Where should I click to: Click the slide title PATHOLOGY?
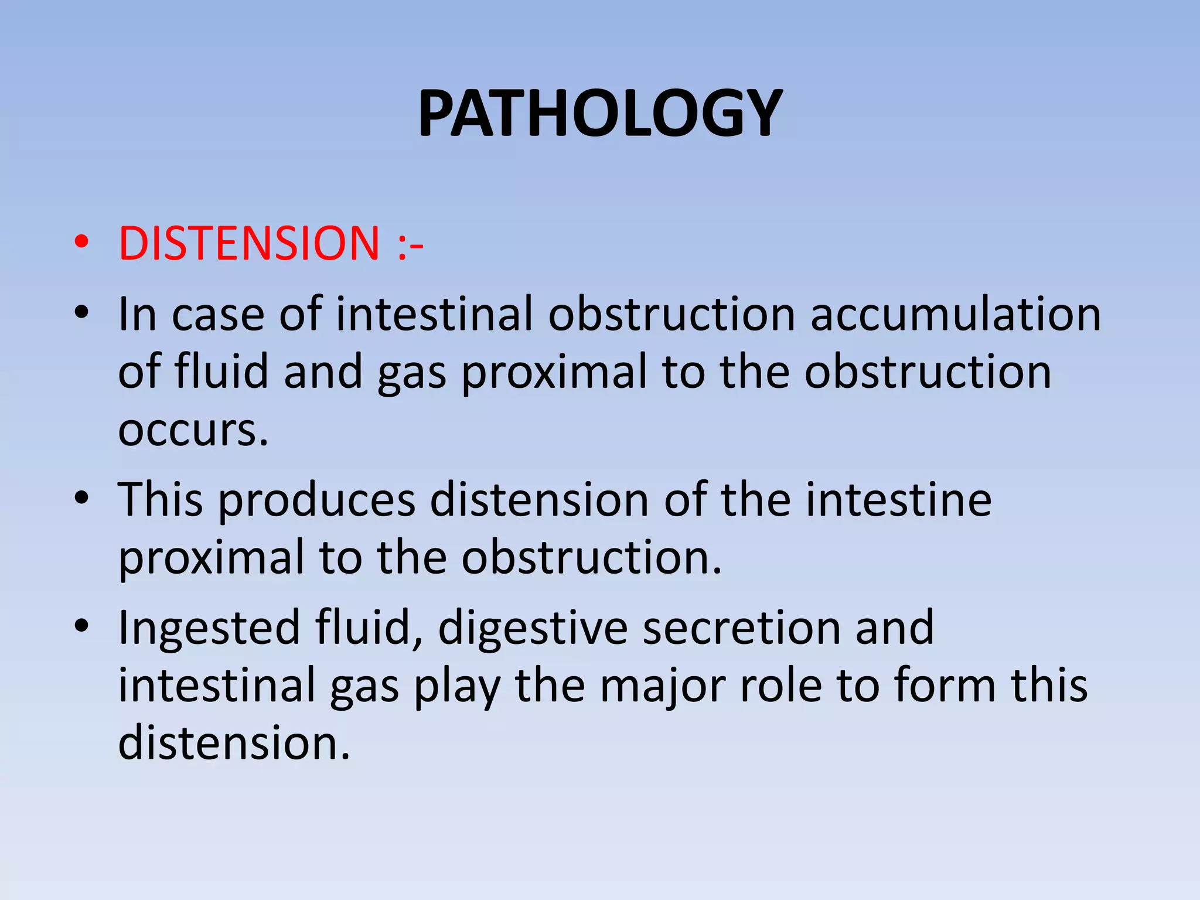coord(600,113)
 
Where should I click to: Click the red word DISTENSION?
coord(249,243)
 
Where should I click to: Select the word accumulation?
coord(956,315)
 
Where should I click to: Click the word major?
coord(663,687)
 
